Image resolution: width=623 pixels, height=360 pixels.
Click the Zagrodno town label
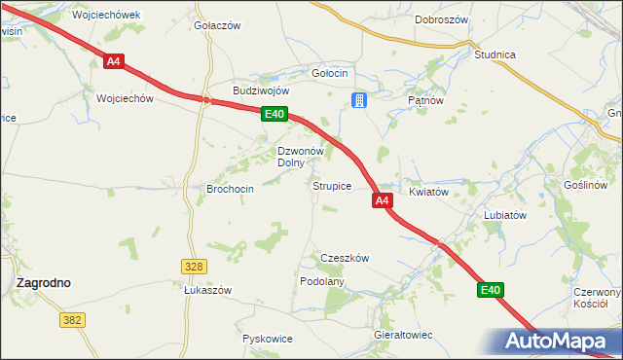click(x=43, y=282)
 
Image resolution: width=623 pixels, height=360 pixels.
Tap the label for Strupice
click(x=331, y=185)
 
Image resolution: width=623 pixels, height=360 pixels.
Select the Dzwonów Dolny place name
click(x=300, y=157)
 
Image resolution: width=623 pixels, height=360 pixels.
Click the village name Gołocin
click(x=329, y=74)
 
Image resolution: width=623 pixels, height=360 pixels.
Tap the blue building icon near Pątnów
click(x=359, y=99)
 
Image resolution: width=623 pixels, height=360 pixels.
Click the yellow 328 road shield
click(x=193, y=266)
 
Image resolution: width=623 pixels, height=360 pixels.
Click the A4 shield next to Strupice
click(x=382, y=200)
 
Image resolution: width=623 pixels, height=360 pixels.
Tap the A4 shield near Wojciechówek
click(x=114, y=61)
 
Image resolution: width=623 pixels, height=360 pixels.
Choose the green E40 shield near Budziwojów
click(x=275, y=115)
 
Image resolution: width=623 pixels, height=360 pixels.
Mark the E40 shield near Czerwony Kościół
click(x=491, y=290)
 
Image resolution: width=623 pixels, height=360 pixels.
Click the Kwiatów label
click(x=428, y=193)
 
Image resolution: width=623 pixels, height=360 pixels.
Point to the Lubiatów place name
click(x=505, y=216)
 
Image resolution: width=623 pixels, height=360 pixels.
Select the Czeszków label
click(x=346, y=258)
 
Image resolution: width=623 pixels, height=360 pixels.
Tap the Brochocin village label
click(x=231, y=189)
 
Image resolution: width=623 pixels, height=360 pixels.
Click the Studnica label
click(x=495, y=55)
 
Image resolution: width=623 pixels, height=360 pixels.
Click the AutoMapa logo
click(x=557, y=342)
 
